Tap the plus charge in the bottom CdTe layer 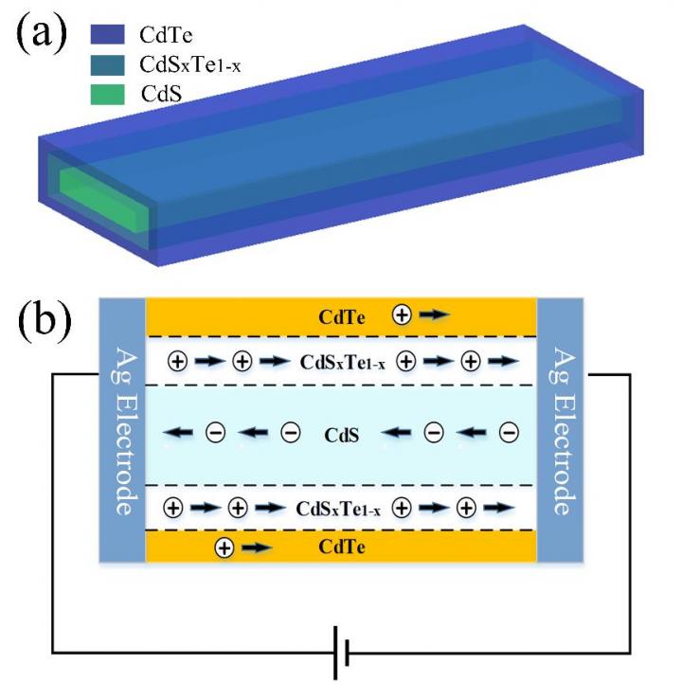point(224,547)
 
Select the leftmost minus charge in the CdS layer point(215,434)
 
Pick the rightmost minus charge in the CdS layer point(509,434)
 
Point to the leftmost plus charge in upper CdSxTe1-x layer point(175,361)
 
